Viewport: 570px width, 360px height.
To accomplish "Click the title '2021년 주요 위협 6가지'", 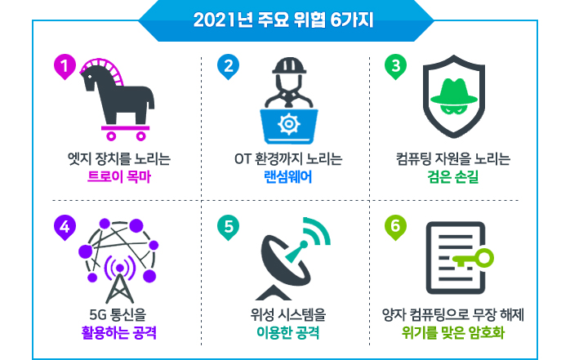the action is click(x=283, y=20).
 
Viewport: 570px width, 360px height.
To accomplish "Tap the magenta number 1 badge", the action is click(x=65, y=67).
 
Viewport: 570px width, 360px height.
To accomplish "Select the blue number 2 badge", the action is click(x=228, y=67).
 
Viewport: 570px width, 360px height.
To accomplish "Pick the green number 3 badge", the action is click(x=395, y=67).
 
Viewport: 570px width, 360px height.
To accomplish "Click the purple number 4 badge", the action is click(x=65, y=228).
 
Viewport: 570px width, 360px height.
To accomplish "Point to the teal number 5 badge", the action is click(x=228, y=228).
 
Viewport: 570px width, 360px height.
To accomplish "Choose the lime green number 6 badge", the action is click(x=395, y=228).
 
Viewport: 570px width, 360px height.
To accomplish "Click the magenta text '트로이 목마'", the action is click(x=119, y=177).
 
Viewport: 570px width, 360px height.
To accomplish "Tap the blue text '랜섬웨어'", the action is click(x=288, y=177).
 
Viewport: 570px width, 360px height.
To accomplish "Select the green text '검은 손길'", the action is click(x=453, y=177).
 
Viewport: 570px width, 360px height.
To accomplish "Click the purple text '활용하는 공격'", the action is click(x=119, y=333).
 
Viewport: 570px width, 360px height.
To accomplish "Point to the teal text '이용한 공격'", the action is click(x=288, y=333).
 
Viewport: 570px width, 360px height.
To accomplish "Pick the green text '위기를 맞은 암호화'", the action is click(x=453, y=333).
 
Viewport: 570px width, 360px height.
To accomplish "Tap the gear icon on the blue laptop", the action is click(x=289, y=124).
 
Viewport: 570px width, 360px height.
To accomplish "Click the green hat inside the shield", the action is click(x=454, y=91).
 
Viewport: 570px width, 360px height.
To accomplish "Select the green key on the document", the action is click(x=473, y=259).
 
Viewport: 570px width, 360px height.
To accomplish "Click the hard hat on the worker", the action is click(x=289, y=65).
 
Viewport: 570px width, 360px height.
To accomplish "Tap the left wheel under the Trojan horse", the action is click(x=111, y=136).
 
